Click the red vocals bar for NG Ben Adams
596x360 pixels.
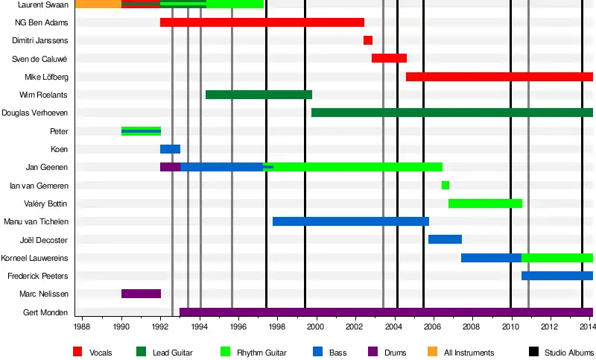[262, 22]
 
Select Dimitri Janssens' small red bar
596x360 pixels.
[368, 40]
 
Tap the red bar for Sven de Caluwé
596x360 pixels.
[389, 58]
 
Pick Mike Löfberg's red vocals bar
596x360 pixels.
[499, 77]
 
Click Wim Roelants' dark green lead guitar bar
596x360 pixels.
[259, 95]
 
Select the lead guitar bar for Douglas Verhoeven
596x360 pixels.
[451, 113]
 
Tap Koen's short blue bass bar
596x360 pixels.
[170, 149]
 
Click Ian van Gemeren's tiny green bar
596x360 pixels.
[446, 185]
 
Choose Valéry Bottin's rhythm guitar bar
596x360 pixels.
[485, 203]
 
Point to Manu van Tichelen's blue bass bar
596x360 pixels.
[351, 221]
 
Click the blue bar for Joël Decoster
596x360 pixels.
[445, 239]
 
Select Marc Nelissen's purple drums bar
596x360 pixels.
[141, 294]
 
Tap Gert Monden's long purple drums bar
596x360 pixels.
[386, 312]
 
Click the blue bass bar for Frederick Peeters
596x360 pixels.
[557, 276]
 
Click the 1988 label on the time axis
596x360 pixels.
[82, 326]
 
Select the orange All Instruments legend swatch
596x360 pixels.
[432, 352]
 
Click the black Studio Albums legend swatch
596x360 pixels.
[533, 352]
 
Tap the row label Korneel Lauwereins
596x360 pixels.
[36, 258]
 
